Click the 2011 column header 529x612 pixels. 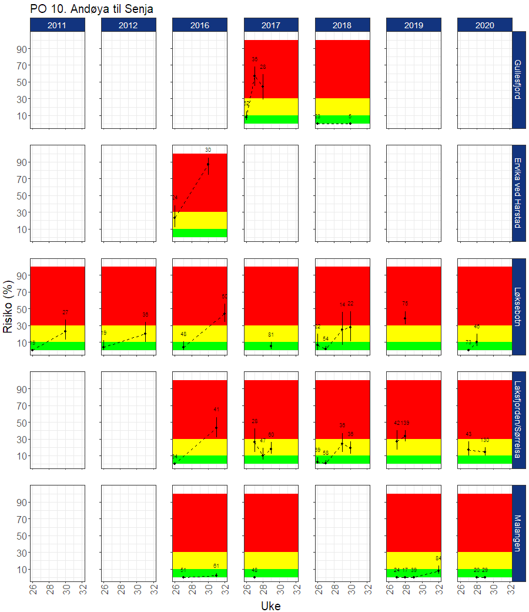pos(58,25)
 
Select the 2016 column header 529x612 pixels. pos(200,25)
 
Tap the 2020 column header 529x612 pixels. pos(485,25)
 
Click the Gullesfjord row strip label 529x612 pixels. pos(518,79)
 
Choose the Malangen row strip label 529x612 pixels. pos(518,533)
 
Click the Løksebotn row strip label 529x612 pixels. pos(518,307)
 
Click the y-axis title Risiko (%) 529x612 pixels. pos(9,306)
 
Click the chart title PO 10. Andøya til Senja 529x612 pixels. pos(91,8)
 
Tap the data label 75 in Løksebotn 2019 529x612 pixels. pos(405,304)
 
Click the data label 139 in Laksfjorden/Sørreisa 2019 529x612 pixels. pos(406,423)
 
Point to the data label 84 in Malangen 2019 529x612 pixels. pos(438,558)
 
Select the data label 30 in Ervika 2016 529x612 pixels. pos(208,150)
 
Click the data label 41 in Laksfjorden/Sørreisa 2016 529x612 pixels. pos(216,410)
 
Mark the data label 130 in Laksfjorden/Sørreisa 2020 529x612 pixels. pos(485,440)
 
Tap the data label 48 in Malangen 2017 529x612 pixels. pos(255,570)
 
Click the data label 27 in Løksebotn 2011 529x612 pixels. pos(65,312)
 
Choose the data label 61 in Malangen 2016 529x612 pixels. pos(216,566)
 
